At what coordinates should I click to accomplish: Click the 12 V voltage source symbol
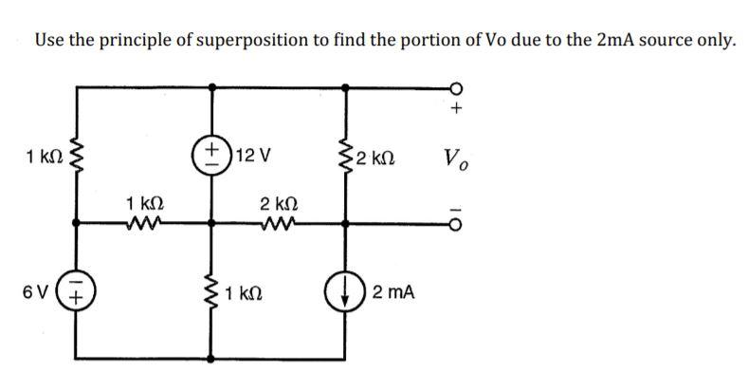(x=211, y=155)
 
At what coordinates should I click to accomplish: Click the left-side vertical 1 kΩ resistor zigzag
(x=77, y=155)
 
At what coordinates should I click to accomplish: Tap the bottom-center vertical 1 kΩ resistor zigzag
(x=211, y=295)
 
